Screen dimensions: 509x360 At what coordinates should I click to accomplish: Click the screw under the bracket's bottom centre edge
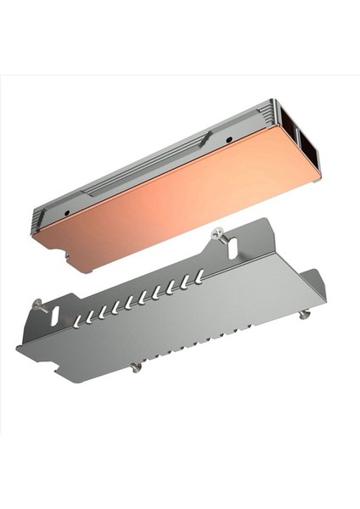[x=134, y=366]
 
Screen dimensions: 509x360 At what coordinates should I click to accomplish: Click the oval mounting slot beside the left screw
[x=55, y=315]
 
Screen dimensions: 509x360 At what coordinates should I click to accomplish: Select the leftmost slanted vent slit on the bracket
[x=80, y=319]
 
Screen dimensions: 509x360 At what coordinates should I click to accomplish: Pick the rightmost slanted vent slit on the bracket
[x=199, y=277]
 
